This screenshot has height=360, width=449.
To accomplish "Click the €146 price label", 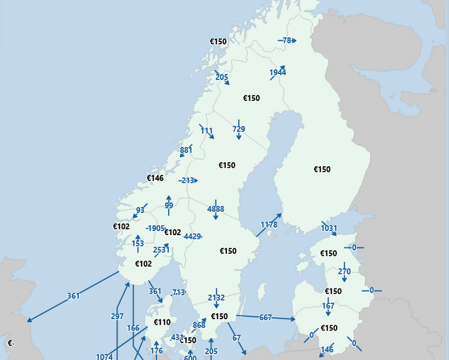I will click(x=155, y=178).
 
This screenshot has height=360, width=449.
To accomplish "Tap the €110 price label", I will click(x=162, y=322).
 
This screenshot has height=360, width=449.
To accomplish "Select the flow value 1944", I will click(x=278, y=72).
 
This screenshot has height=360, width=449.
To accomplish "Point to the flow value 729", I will click(x=239, y=129).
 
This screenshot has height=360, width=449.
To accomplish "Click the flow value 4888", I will click(x=215, y=209).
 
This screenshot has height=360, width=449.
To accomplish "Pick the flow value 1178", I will click(x=269, y=224).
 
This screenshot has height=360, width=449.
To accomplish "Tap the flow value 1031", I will click(x=329, y=228).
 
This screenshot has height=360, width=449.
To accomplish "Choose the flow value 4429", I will click(x=192, y=236).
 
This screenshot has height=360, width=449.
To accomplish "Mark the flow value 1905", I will click(x=155, y=228).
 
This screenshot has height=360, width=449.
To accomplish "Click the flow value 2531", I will click(x=161, y=250).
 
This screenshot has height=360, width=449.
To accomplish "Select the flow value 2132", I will click(x=216, y=298).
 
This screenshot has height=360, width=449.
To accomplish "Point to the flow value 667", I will click(x=265, y=318).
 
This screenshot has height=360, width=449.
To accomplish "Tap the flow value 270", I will click(x=344, y=272).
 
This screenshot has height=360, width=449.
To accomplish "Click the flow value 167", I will click(x=328, y=307).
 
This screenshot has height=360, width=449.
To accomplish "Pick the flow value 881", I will click(x=186, y=150).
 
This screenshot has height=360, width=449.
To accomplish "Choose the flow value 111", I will click(x=206, y=131).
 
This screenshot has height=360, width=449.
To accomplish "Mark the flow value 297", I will click(x=117, y=316).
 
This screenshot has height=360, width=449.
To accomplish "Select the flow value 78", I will click(x=287, y=41).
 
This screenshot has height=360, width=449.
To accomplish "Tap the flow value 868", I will click(x=199, y=325).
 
